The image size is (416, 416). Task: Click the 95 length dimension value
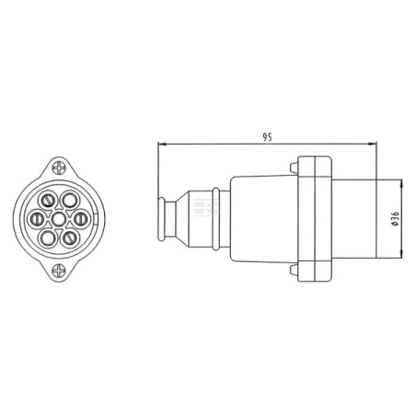coord(267,137)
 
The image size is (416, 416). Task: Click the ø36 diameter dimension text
coord(396,219)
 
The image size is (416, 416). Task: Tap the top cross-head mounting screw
coord(59,168)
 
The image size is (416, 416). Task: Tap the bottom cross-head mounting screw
coord(59,272)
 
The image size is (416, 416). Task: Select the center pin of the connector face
coord(59,219)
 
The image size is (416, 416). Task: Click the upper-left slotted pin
coord(47,201)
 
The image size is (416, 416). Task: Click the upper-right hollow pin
coord(70,200)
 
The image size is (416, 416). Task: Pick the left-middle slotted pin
coord(37,219)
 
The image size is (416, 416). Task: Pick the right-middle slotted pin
coord(81,219)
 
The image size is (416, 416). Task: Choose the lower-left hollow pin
coord(48,238)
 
